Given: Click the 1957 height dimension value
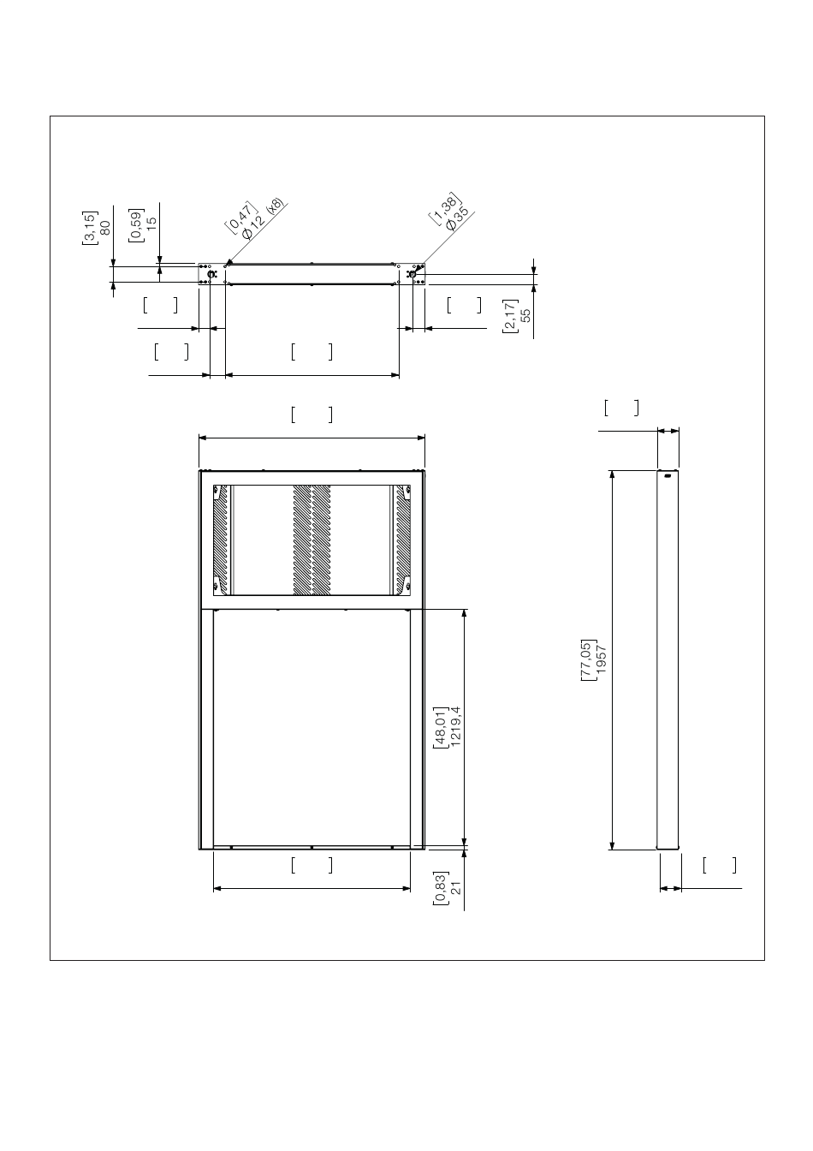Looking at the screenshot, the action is point(602,659).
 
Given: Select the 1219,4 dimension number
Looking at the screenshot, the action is point(455,726).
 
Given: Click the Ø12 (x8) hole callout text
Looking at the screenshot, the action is point(262,219).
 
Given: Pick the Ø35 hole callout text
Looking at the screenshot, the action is point(458,218).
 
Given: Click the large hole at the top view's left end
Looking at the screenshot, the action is point(211,274).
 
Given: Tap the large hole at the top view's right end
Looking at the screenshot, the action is point(412,274).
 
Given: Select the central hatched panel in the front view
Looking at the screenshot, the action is point(312,540).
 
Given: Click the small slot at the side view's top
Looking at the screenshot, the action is point(668,476).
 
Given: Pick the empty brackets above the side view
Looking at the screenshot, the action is point(621,408).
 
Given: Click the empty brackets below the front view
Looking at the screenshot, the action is point(312,865).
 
